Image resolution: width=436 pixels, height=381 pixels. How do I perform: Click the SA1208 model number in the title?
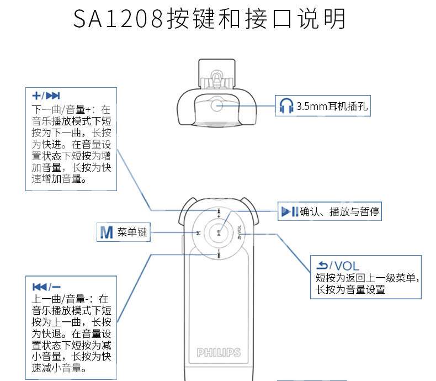point(118,19)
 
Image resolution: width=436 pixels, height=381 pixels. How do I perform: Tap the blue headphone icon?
point(286,105)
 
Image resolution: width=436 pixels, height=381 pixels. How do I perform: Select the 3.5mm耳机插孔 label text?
point(332,106)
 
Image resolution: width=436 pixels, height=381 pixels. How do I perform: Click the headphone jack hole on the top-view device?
point(217,105)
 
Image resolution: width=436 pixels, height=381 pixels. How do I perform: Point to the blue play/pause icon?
point(290,211)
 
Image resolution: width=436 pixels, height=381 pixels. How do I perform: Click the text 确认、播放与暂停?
point(339,212)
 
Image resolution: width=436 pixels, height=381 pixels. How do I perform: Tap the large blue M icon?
point(107,232)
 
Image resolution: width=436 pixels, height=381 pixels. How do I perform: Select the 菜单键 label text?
point(132,232)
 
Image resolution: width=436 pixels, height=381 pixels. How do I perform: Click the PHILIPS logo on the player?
point(219,353)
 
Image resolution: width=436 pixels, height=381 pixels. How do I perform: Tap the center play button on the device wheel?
point(219,233)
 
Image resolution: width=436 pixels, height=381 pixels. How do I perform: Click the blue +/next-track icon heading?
point(46,96)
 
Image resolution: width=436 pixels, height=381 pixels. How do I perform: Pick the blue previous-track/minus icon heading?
point(46,287)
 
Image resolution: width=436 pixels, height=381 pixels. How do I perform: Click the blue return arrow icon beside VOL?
point(322,266)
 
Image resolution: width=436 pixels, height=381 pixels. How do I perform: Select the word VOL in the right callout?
point(347,266)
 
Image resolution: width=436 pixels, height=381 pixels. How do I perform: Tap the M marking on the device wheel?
point(198,233)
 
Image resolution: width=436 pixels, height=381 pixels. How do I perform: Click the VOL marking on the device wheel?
point(239,232)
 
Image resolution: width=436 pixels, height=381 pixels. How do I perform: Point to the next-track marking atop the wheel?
point(219,213)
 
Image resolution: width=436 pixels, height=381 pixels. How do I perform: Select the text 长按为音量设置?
point(350,289)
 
